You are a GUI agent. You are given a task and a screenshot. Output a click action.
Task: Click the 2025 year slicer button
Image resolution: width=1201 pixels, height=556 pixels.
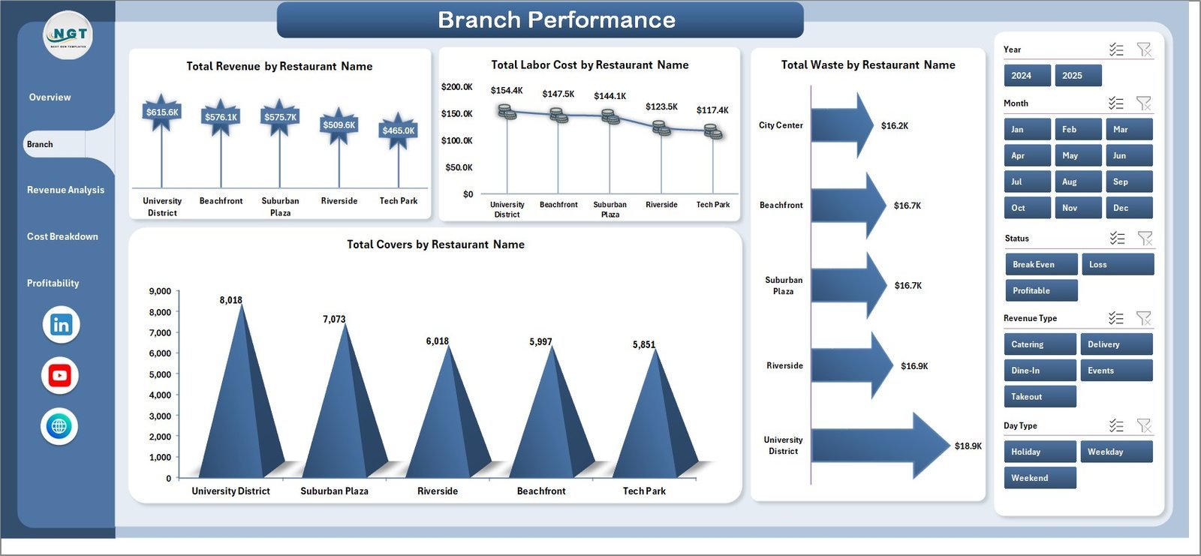tap(1078, 76)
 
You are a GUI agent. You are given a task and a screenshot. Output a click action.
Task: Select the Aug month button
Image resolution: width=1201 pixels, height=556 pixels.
tap(1078, 182)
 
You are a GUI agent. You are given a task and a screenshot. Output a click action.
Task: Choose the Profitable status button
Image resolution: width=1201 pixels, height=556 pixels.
tap(1040, 290)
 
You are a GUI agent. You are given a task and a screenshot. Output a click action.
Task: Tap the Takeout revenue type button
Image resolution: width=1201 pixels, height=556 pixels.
tap(1039, 397)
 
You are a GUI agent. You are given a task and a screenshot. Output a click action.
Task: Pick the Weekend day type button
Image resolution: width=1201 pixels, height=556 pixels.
tap(1039, 478)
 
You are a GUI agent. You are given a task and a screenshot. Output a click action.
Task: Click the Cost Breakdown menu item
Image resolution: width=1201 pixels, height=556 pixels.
tap(62, 236)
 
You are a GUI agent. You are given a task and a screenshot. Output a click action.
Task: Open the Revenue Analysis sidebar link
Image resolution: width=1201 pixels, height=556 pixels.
tap(65, 190)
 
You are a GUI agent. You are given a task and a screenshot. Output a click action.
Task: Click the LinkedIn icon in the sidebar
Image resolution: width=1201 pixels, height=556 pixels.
tap(61, 325)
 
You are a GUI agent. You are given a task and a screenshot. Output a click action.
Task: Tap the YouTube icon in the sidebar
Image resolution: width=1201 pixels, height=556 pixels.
tap(60, 376)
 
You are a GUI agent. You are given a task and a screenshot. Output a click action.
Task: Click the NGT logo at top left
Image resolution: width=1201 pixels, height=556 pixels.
tap(68, 35)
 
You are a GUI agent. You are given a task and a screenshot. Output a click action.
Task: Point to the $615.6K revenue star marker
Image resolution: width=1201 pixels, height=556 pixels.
tap(162, 113)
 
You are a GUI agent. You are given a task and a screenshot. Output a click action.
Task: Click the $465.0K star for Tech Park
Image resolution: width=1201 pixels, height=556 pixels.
tap(398, 131)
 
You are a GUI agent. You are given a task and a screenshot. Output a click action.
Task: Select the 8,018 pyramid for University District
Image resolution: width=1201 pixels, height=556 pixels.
tap(240, 405)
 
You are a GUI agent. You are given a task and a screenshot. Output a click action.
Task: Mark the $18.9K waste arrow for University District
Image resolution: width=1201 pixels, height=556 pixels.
tap(878, 446)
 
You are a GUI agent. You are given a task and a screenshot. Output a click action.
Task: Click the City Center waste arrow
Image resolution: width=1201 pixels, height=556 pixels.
tap(841, 125)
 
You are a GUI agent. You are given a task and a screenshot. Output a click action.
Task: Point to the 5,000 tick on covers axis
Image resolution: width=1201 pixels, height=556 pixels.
tap(160, 374)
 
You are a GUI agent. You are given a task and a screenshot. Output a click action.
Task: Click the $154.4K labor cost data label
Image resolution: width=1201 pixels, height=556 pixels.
tap(507, 91)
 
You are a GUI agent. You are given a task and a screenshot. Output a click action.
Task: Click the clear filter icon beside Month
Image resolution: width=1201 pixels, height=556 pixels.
tap(1143, 104)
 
